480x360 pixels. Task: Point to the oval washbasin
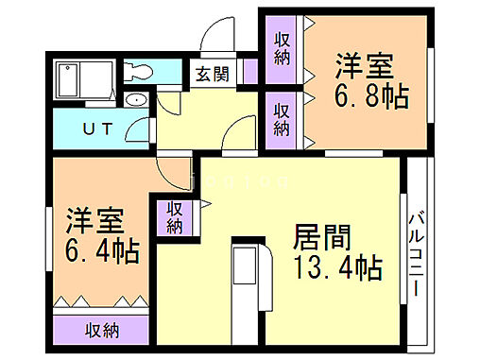[135, 101]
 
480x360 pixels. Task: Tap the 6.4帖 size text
[101, 250]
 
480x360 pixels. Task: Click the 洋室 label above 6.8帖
[364, 66]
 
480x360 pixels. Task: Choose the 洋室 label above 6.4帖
[94, 223]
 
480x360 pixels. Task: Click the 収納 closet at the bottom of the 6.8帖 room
[283, 119]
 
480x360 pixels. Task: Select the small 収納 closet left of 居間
[175, 216]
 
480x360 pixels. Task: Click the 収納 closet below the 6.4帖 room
[101, 330]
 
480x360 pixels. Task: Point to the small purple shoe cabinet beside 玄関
[249, 72]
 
